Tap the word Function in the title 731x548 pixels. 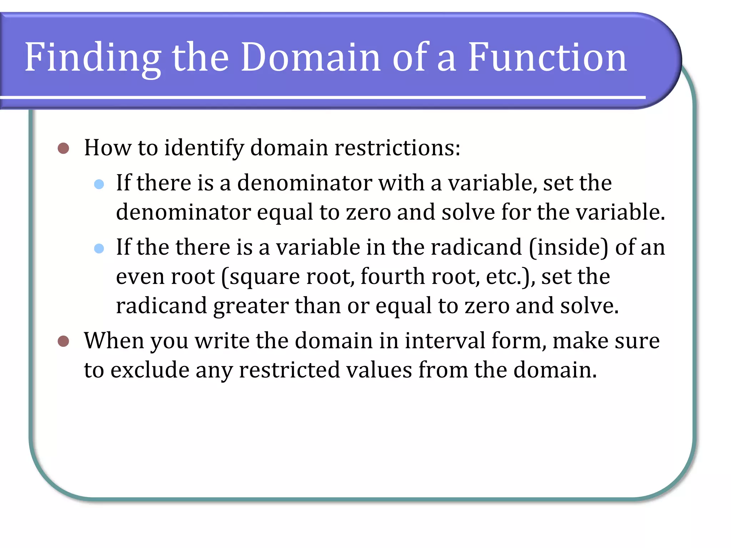click(547, 57)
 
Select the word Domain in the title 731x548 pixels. click(311, 57)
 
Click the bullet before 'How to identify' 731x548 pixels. click(63, 148)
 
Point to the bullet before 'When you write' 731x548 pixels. click(63, 341)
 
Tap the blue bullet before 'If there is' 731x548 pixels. click(99, 184)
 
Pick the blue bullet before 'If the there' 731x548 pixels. click(99, 248)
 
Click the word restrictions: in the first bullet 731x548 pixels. click(397, 148)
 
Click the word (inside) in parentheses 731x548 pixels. click(568, 247)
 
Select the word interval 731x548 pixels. click(445, 341)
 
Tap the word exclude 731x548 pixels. click(150, 370)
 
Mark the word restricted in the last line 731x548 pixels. click(289, 370)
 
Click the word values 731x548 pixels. click(379, 370)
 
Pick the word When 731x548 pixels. click(114, 341)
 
